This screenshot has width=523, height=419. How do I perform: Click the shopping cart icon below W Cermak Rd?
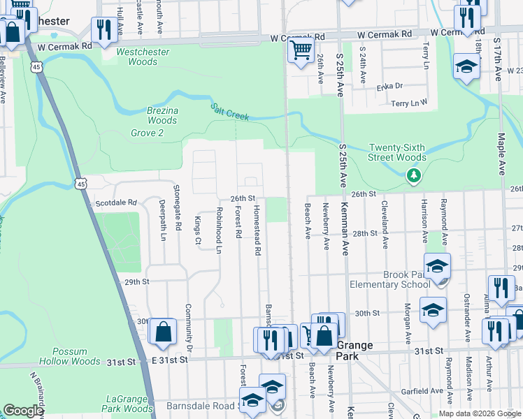pyautogui.click(x=301, y=50)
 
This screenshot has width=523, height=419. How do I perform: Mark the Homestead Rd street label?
pyautogui.click(x=257, y=229)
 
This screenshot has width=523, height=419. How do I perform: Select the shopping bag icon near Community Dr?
pyautogui.click(x=163, y=332)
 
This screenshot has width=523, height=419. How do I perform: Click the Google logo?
pyautogui.click(x=23, y=411)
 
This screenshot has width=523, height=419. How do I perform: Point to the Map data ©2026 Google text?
pyautogui.click(x=479, y=413)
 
